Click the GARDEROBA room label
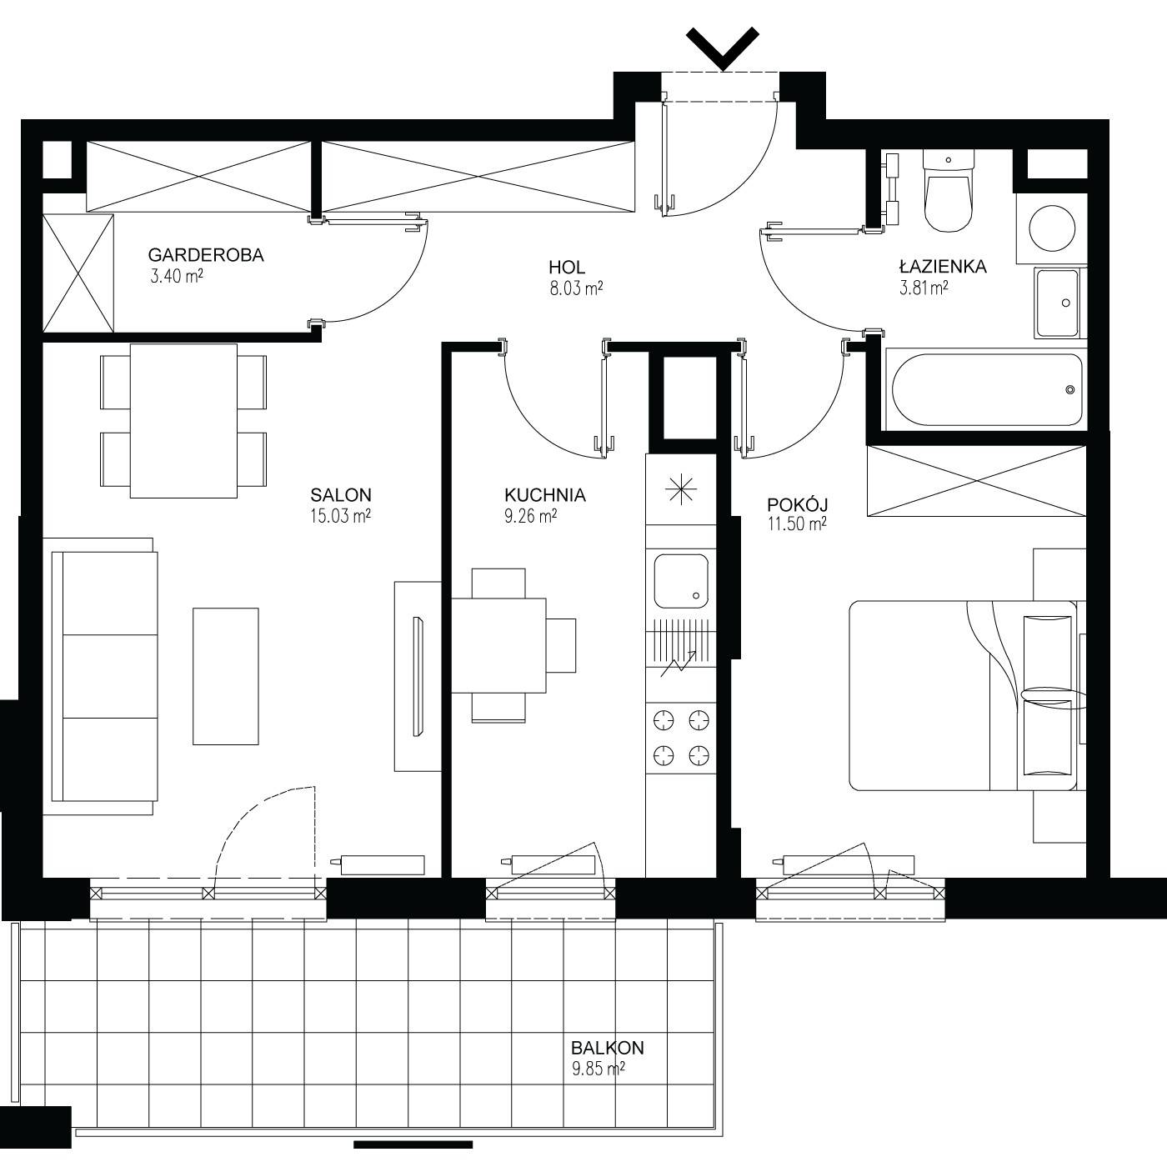coord(206,255)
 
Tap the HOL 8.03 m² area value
coord(576,288)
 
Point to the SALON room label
coord(340,495)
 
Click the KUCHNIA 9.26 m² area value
coord(530,516)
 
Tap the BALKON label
coord(608,1047)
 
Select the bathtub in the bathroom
coord(987,390)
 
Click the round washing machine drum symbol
coord(1053,228)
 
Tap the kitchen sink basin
coord(681,581)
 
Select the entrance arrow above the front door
coord(723,48)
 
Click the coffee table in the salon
coord(226,677)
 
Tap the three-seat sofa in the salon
coord(103,676)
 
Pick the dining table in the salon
coord(183,421)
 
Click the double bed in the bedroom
coord(963,695)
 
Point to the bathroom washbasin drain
coord(1066,303)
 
